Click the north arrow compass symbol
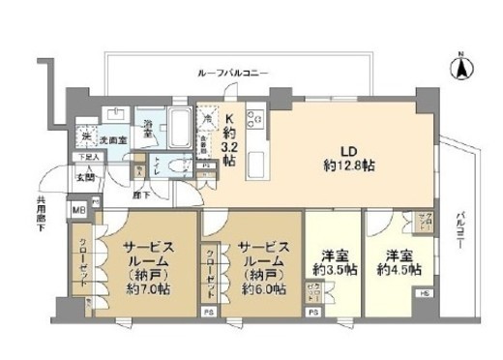(x=461, y=69)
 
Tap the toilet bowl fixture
(x=177, y=166)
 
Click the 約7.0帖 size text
(x=147, y=289)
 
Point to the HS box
(x=426, y=292)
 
